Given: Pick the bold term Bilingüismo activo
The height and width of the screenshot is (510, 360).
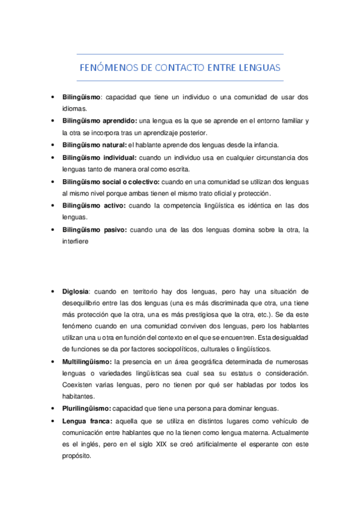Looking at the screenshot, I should click(x=93, y=206).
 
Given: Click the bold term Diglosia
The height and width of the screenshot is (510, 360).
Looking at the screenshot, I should click(x=76, y=290).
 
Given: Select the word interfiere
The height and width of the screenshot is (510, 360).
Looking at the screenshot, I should click(x=75, y=242).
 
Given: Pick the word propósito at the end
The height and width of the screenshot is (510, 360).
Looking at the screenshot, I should click(x=76, y=456).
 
